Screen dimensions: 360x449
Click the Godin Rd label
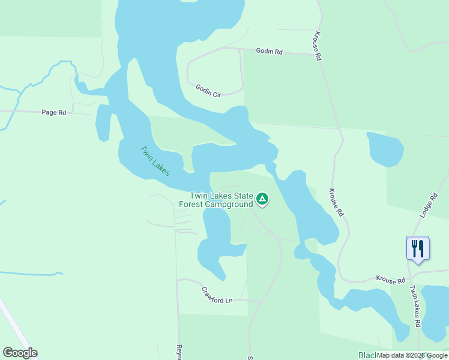coord(268,52)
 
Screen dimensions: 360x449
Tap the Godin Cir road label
coord(209,91)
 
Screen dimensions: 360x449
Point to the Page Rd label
coord(53,112)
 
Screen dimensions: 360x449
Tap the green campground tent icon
coord(262,199)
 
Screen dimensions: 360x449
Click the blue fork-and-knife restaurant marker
coord(418,248)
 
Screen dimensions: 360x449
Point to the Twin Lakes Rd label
coord(415,305)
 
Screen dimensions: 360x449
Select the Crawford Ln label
coord(217,295)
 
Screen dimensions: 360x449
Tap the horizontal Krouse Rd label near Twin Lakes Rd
coord(391,280)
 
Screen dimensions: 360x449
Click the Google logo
coord(20,353)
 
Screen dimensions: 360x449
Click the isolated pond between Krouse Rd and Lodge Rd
coord(384,149)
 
